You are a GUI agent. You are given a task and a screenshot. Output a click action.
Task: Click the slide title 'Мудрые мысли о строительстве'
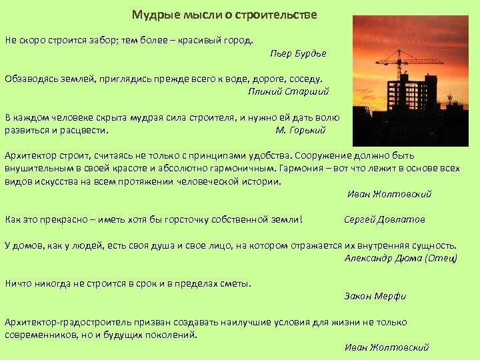pyautogui.click(x=224, y=15)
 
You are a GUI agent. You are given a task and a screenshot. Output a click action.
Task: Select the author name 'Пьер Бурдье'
pyautogui.click(x=298, y=53)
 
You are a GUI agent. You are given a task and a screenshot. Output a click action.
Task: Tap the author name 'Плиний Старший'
pyautogui.click(x=288, y=91)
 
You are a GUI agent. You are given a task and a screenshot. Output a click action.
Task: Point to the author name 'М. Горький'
pyautogui.click(x=300, y=130)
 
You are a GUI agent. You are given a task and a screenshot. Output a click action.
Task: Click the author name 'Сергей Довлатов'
pyautogui.click(x=384, y=219)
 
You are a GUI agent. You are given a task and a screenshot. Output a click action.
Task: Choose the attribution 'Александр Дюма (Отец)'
pyautogui.click(x=401, y=257)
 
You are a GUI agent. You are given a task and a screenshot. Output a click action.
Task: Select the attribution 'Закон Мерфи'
pyautogui.click(x=375, y=296)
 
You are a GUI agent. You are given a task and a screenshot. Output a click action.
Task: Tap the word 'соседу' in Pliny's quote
pyautogui.click(x=305, y=78)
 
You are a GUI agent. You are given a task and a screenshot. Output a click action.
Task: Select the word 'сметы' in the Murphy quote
pyautogui.click(x=237, y=283)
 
